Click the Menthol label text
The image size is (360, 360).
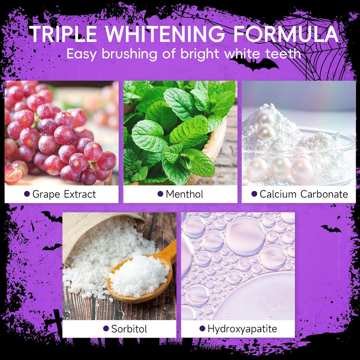[x=184, y=194]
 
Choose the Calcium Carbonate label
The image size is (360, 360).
[x=303, y=194]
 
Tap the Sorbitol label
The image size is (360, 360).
[x=129, y=329]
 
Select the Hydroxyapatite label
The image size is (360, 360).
[x=242, y=329]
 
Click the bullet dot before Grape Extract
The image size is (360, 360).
[x=27, y=194]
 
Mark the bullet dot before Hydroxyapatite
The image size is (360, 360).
[x=202, y=329]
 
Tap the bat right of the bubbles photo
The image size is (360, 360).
[x=331, y=229]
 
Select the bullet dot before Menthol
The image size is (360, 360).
[x=160, y=194]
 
